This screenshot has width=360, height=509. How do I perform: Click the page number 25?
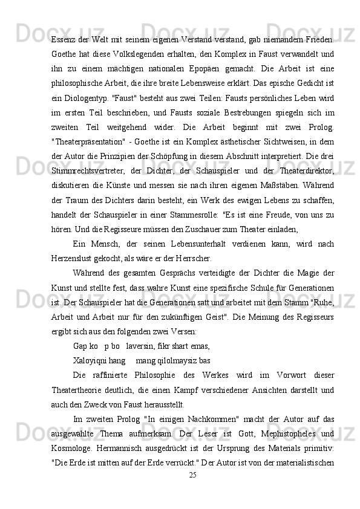coord(192,475)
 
